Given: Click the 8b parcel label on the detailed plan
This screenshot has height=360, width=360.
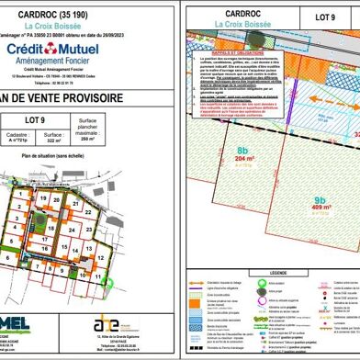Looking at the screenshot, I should click(x=243, y=152).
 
